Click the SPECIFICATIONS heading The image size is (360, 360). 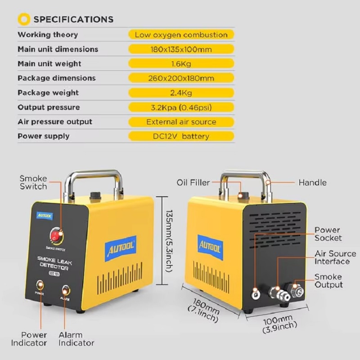coord(73,19)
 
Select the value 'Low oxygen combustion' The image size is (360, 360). coord(181,35)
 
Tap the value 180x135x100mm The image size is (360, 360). coord(181,49)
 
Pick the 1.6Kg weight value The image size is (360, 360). coord(181,64)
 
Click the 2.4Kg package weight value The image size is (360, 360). coord(181,93)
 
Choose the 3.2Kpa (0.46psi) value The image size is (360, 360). coord(181,107)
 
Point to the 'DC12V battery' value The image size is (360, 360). coord(181,136)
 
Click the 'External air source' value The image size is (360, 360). coord(181,121)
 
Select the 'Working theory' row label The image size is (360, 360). coord(48,35)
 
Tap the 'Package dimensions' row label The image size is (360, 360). coord(57,78)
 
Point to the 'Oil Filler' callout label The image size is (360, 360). coord(193,182)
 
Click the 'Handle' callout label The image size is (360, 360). coord(312,183)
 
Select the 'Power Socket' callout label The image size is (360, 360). coord(328,234)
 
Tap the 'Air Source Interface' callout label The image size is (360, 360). coord(335,257)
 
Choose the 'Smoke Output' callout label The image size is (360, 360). coord(328,280)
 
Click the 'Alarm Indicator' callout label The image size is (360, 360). coord(76,339)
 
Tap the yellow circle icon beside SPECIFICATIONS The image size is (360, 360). coord(23,19)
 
